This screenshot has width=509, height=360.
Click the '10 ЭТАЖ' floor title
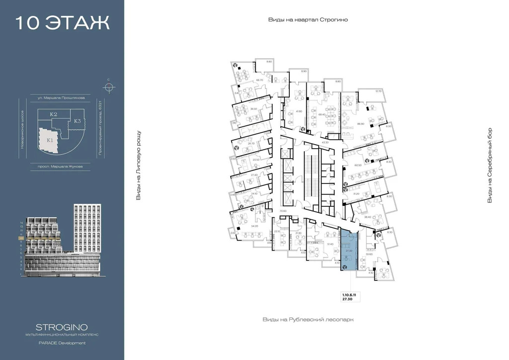click(x=62, y=23)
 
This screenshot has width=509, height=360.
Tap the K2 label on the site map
click(x=54, y=115)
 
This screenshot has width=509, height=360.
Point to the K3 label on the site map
click(x=78, y=121)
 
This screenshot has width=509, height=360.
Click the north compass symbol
click(x=108, y=88)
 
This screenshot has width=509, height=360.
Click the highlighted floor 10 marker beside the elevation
click(x=21, y=239)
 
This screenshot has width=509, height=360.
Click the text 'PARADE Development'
click(x=62, y=343)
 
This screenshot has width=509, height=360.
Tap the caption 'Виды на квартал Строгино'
click(x=307, y=19)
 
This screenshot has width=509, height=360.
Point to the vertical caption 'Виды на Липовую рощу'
click(x=138, y=166)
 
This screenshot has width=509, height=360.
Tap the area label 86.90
click(x=360, y=124)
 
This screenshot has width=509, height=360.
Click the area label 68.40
click(x=322, y=114)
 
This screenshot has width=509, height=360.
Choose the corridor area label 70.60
click(x=284, y=211)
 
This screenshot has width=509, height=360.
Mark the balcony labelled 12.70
click(x=378, y=91)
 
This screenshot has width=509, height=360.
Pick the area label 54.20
click(x=255, y=226)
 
